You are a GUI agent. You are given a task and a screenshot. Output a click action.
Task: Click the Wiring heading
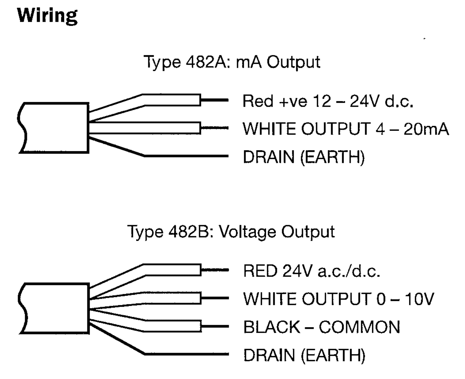click(x=47, y=16)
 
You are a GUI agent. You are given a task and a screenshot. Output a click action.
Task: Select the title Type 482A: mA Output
click(x=231, y=62)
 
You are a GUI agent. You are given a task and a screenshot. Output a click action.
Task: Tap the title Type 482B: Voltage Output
click(x=231, y=232)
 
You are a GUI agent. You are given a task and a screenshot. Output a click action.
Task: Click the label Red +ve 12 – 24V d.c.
click(x=328, y=101)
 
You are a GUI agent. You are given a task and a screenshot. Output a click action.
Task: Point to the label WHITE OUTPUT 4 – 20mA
click(x=345, y=129)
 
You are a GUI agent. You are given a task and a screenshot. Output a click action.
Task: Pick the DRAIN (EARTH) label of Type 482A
click(x=304, y=157)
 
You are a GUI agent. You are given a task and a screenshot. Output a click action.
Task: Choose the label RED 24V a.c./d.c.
click(x=311, y=271)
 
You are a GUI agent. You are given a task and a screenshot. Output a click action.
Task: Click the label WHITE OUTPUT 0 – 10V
click(x=338, y=299)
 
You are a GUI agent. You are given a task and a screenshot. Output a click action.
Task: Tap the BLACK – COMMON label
click(x=321, y=327)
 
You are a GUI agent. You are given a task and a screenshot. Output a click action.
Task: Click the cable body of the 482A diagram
click(x=54, y=128)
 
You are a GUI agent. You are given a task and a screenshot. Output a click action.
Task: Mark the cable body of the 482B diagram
click(x=54, y=308)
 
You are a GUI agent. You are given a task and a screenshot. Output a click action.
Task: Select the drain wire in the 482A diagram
click(x=187, y=156)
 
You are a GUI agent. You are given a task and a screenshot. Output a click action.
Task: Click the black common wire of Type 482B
click(x=173, y=326)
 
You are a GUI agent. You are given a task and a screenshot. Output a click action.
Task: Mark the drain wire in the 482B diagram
click(x=187, y=354)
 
